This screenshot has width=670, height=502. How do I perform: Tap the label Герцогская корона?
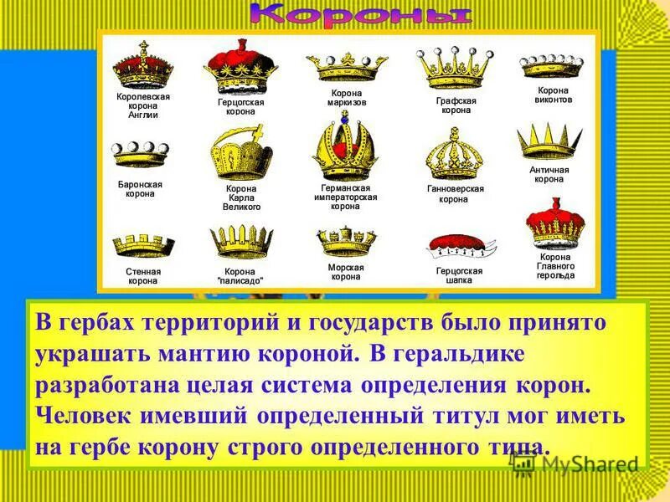(x=241, y=106)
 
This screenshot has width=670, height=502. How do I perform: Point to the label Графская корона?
(x=456, y=105)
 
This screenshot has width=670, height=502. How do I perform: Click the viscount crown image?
(x=554, y=66)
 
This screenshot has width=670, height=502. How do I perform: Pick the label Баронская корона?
(x=140, y=188)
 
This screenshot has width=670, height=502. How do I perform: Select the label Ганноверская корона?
(x=456, y=194)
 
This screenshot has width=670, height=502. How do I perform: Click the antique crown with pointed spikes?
(x=549, y=141)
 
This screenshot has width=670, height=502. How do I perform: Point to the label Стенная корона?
(x=143, y=276)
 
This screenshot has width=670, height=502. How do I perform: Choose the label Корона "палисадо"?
(x=240, y=276)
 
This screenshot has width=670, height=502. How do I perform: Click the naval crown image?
(x=346, y=241)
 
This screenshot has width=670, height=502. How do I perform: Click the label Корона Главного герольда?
(x=555, y=266)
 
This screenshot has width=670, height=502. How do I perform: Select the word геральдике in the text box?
(x=468, y=353)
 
